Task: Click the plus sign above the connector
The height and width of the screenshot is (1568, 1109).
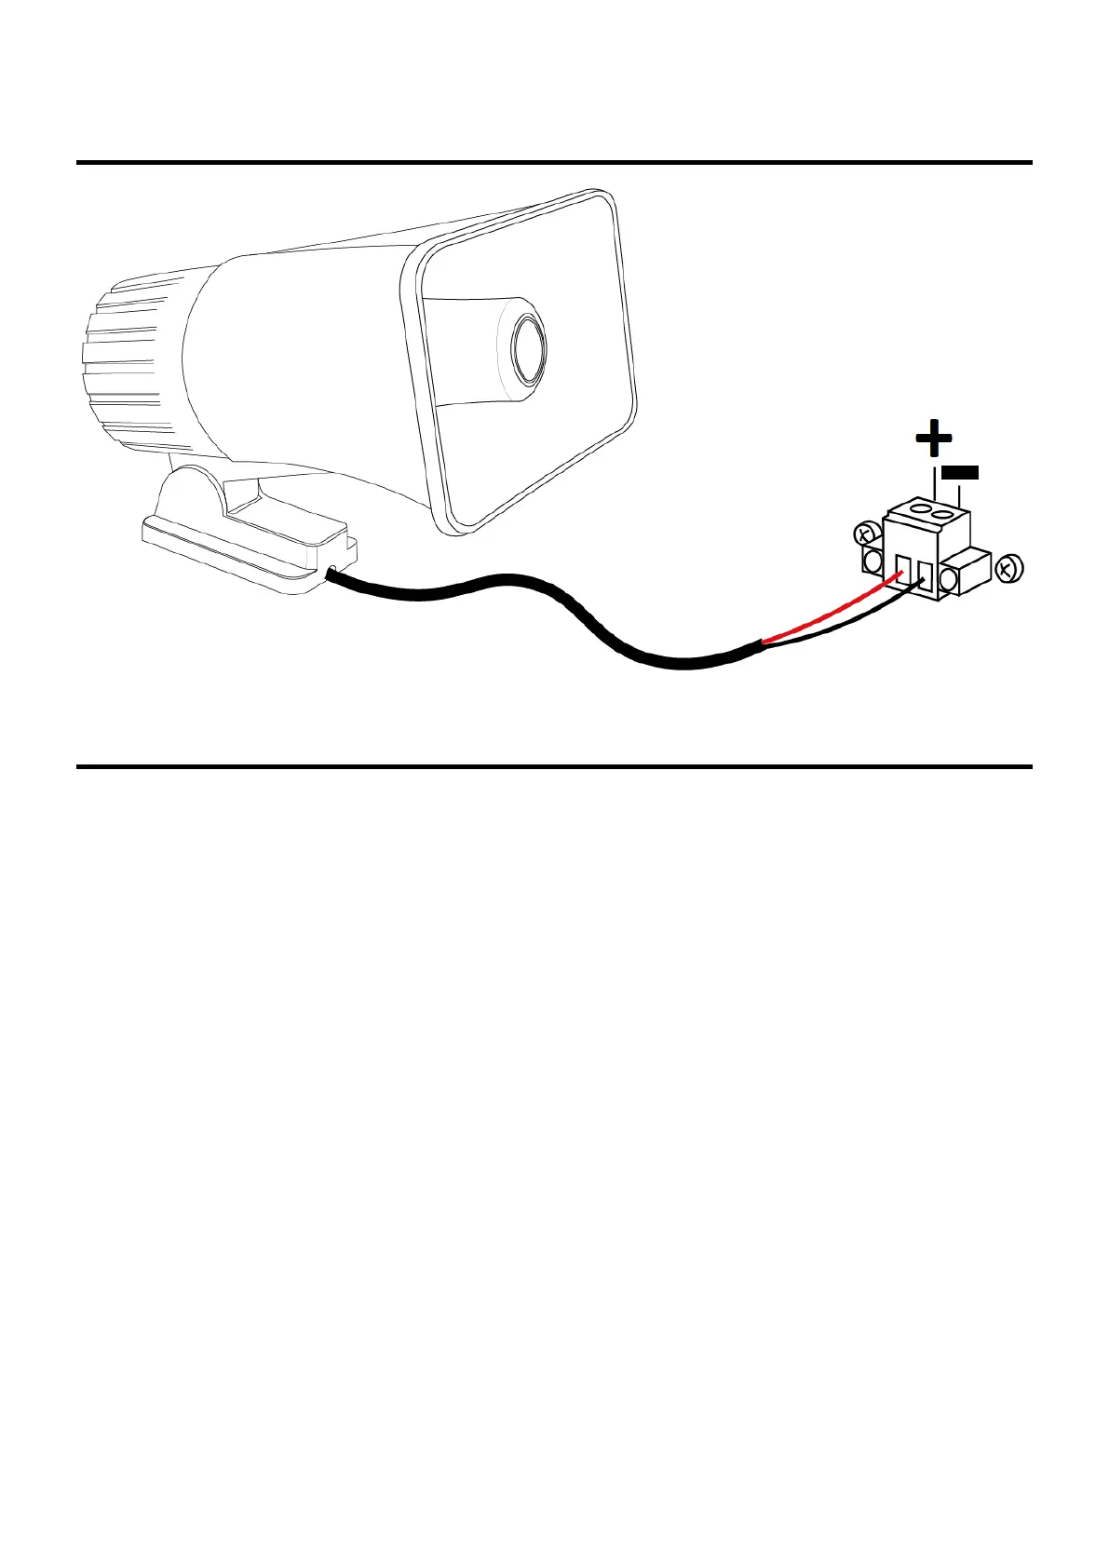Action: [x=933, y=439]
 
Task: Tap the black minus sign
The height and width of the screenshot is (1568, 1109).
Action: [x=960, y=472]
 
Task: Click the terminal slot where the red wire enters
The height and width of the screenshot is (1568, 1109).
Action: [x=902, y=566]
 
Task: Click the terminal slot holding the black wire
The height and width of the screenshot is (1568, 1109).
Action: [x=924, y=573]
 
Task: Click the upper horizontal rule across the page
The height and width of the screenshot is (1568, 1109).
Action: [x=554, y=163]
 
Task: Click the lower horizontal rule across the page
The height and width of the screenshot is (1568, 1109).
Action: [x=554, y=767]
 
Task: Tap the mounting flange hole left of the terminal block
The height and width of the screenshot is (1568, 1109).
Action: [x=873, y=561]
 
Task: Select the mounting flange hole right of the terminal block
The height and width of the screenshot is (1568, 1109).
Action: [x=950, y=580]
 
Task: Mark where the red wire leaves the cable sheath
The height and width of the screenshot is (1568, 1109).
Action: [x=764, y=642]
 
